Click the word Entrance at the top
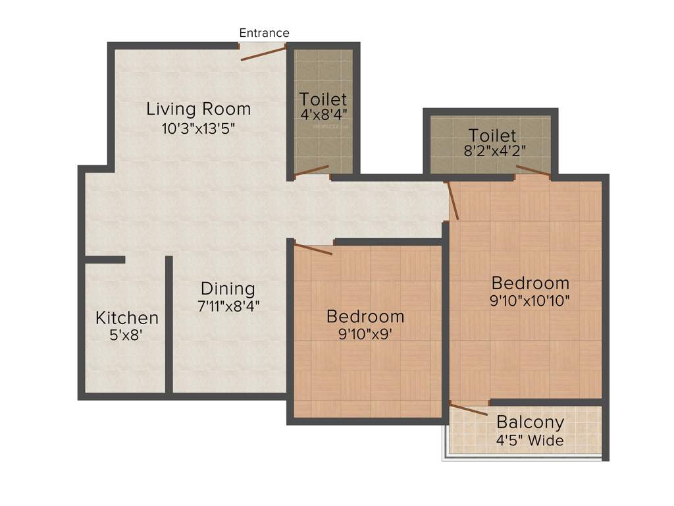[x=264, y=33]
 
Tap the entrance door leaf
[x=263, y=53]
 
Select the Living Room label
[x=198, y=108]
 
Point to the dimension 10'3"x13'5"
[x=198, y=128]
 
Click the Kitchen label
[x=127, y=318]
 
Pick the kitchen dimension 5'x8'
[x=126, y=335]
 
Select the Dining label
[x=228, y=289]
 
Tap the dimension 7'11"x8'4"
[x=228, y=306]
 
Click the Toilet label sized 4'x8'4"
[x=323, y=99]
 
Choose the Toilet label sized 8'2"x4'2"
[x=492, y=136]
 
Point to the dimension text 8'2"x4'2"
[x=494, y=150]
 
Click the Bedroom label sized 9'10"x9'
[x=365, y=316]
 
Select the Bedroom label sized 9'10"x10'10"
[x=531, y=283]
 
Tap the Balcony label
[x=530, y=422]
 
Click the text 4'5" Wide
[x=530, y=440]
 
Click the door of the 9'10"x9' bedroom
[x=313, y=249]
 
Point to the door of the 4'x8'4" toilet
[x=311, y=171]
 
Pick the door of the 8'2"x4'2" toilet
[x=533, y=171]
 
